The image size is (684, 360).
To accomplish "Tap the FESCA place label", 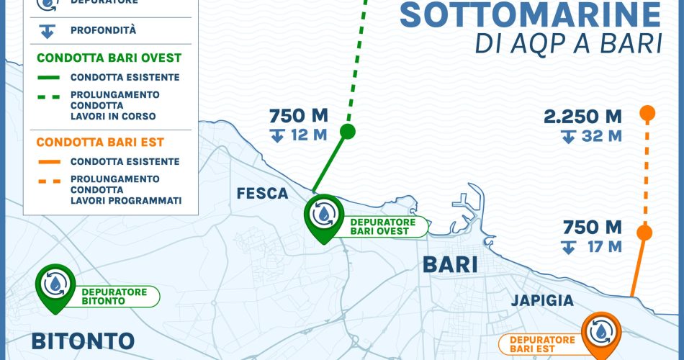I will point(263,193).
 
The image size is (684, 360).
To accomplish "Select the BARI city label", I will point(450,264).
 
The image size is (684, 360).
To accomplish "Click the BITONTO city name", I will point(73,340).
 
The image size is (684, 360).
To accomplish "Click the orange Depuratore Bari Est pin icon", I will point(599,333).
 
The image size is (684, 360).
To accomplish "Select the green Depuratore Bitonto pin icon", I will point(55,285).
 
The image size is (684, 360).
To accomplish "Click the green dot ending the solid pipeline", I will point(348,131).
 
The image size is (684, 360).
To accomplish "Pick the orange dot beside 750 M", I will point(644,233).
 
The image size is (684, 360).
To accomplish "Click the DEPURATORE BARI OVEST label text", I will point(383,227).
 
